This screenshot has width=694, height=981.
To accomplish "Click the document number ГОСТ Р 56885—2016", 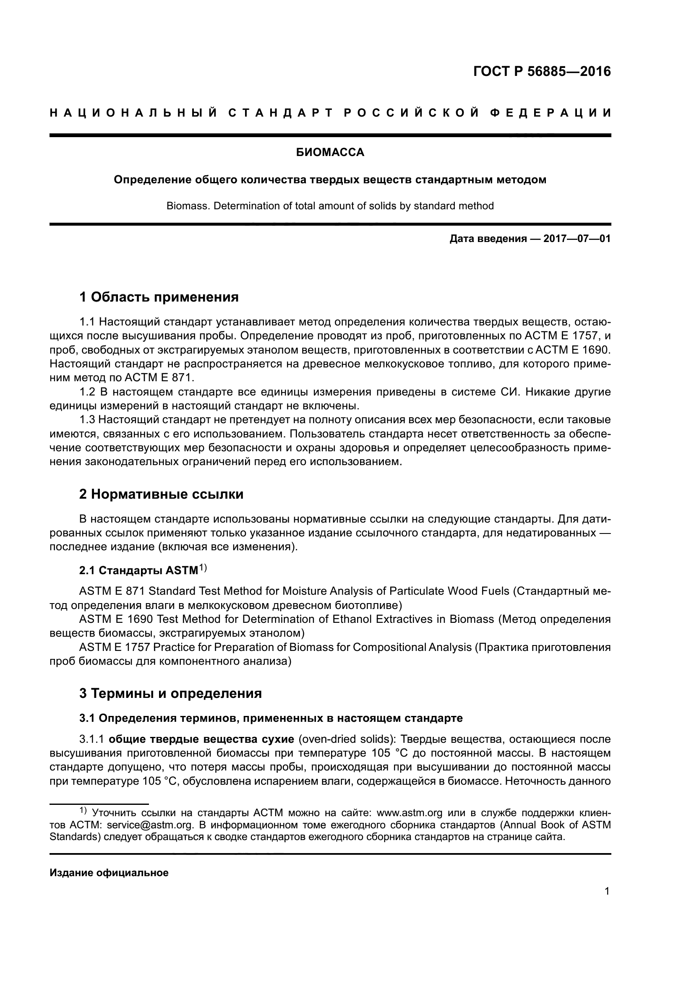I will coord(542,71).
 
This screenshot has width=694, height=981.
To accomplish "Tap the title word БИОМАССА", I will coord(330,153).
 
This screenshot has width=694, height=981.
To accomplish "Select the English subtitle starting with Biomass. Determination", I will coord(330,206).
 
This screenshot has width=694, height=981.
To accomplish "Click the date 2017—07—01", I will coord(577,239).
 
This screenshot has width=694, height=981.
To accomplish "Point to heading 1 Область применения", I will coord(159,297).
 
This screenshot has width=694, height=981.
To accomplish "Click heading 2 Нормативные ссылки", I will coord(161,494).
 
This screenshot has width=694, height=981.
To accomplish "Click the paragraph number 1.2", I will coord(88,392).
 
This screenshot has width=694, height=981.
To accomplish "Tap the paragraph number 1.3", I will coord(88,420).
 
